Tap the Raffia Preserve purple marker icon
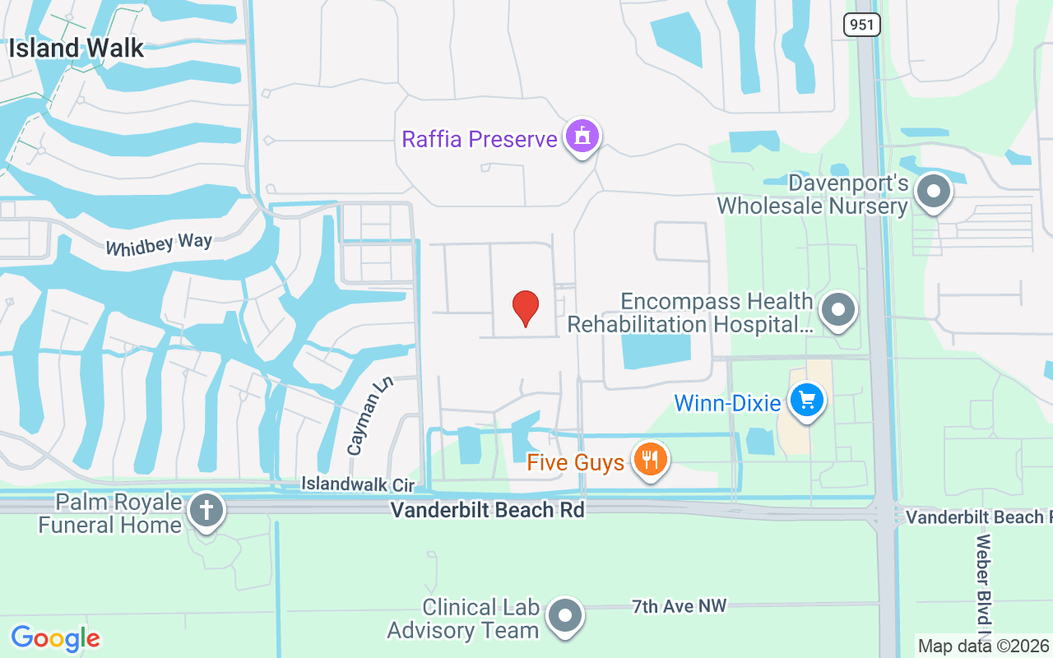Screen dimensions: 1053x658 pyautogui.click(x=582, y=137)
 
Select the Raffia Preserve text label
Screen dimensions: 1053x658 pyautogui.click(x=479, y=138)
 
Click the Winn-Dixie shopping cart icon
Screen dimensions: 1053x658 pyautogui.click(x=807, y=401)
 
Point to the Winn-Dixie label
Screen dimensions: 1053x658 pyautogui.click(x=727, y=404)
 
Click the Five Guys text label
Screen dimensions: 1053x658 pyautogui.click(x=576, y=463)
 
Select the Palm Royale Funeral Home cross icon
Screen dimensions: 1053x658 pyautogui.click(x=206, y=511)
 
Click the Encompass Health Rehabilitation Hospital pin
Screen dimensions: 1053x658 pyautogui.click(x=838, y=311)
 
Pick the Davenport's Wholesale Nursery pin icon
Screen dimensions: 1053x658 pyautogui.click(x=933, y=192)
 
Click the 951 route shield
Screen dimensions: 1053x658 pyautogui.click(x=861, y=25)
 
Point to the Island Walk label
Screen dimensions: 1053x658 pyautogui.click(x=77, y=48)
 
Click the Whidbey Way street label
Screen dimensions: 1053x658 pyautogui.click(x=159, y=244)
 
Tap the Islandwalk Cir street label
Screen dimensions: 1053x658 pyautogui.click(x=358, y=484)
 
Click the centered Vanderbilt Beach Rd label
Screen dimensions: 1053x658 pyautogui.click(x=487, y=511)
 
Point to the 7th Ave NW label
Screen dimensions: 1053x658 pyautogui.click(x=680, y=606)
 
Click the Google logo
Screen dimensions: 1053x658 pyautogui.click(x=56, y=638)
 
